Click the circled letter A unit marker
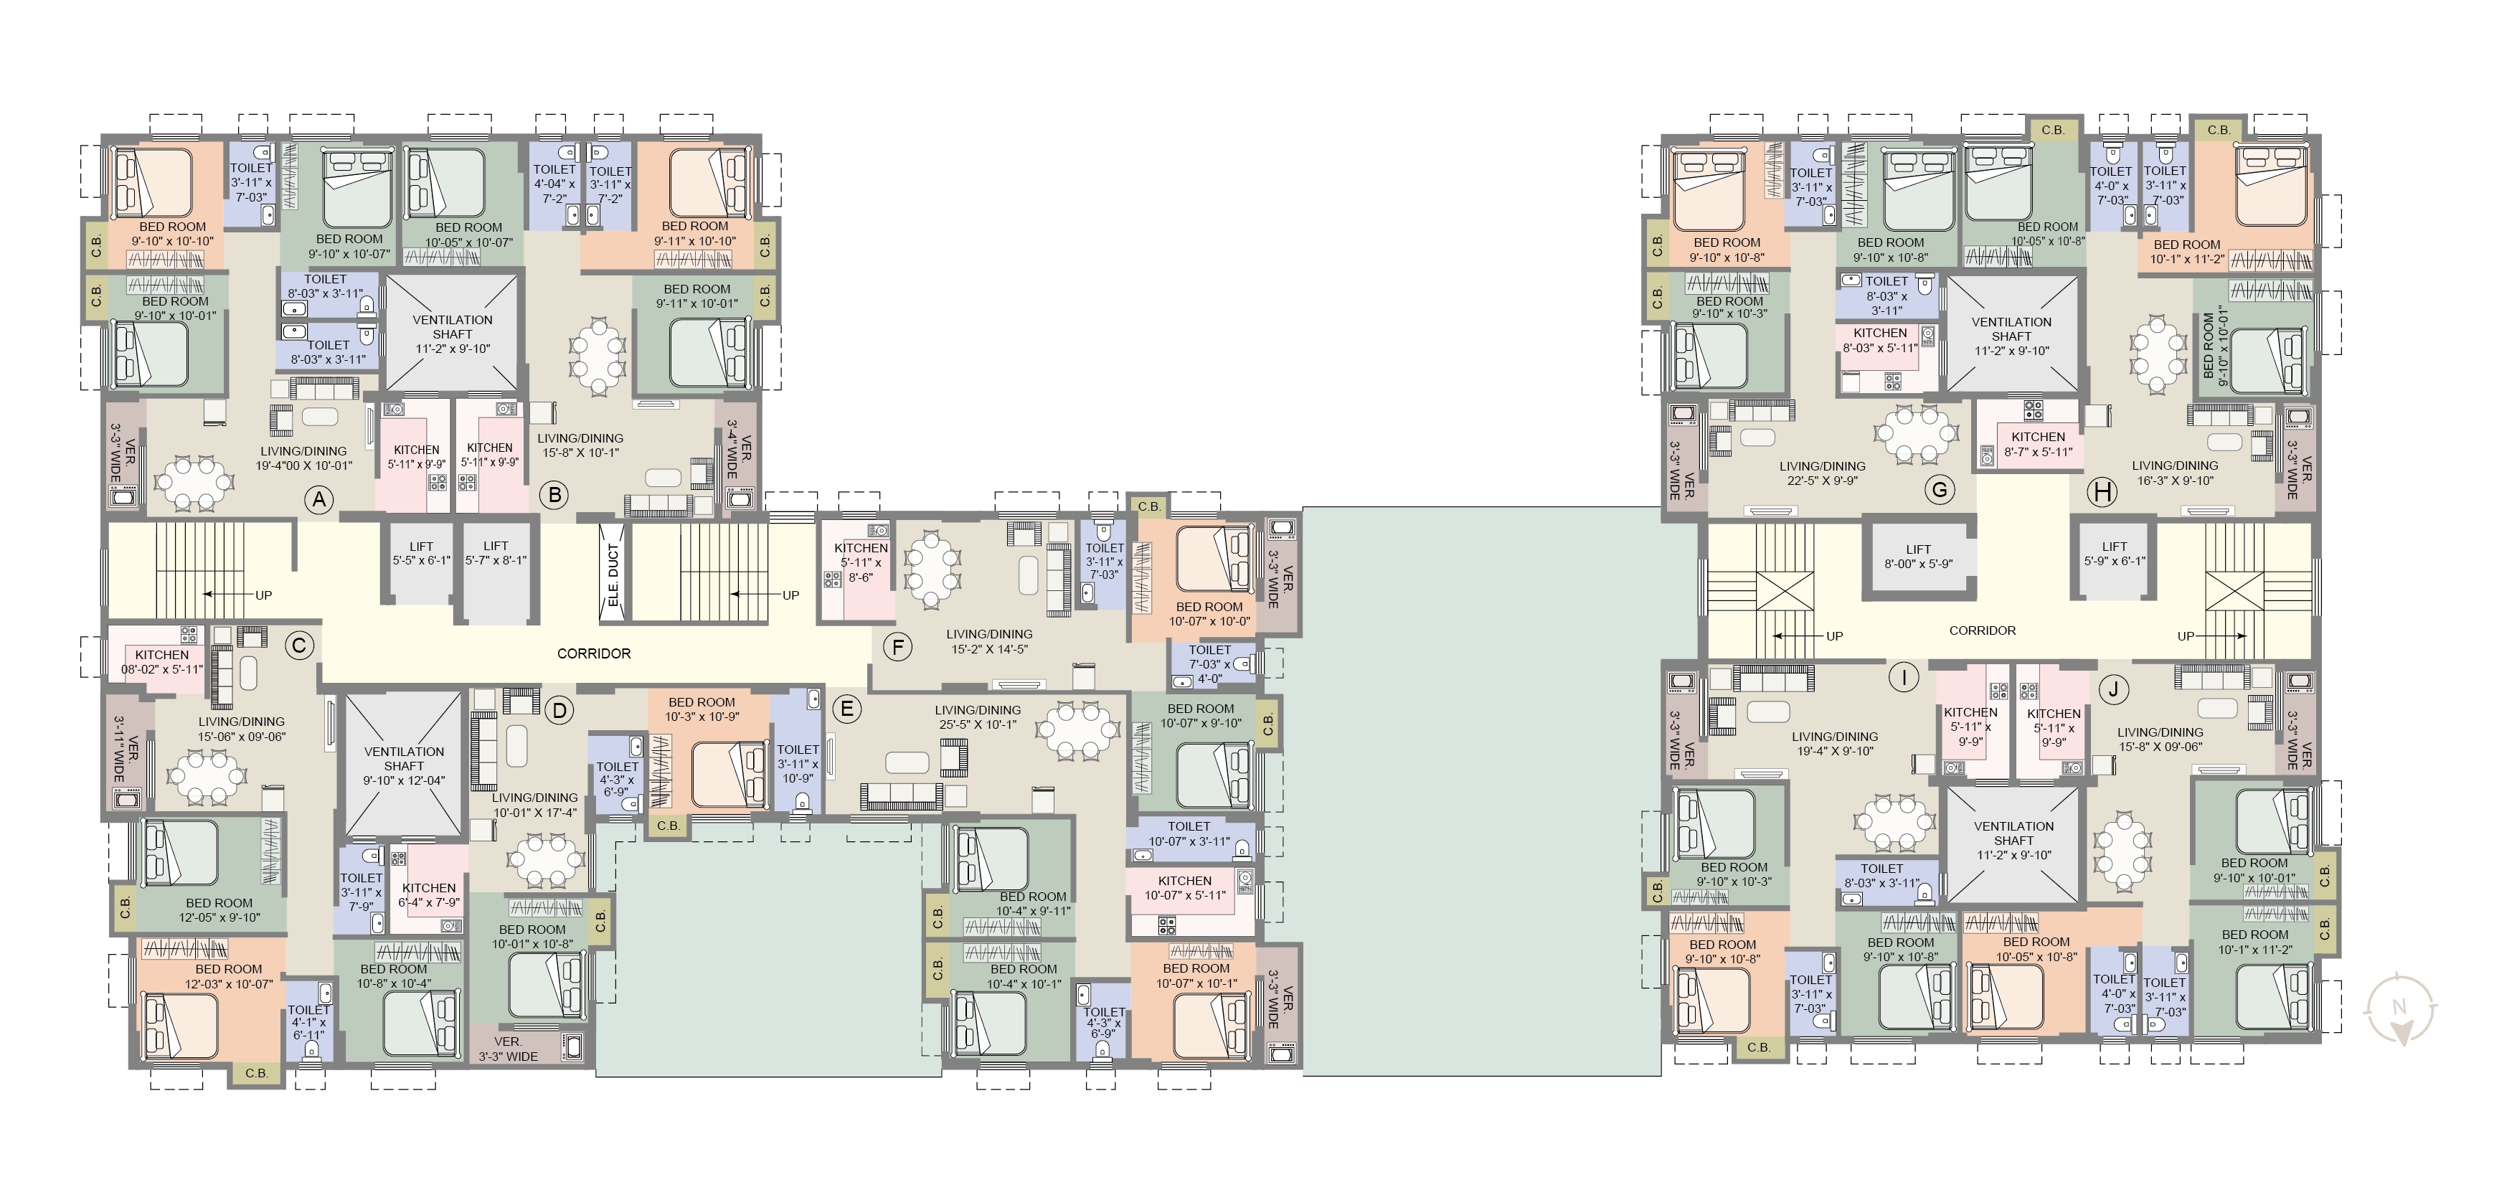[318, 501]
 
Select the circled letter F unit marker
[897, 646]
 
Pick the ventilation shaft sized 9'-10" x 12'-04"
[405, 765]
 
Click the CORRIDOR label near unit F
[594, 653]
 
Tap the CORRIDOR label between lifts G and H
[1983, 630]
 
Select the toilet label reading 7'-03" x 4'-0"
[1209, 663]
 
